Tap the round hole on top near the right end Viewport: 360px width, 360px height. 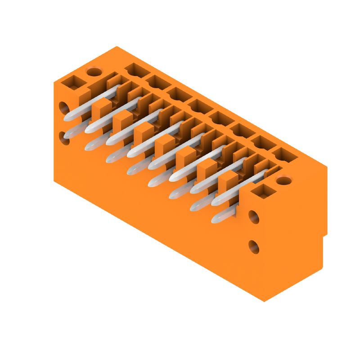(x=283, y=181)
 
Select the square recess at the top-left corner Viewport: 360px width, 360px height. (x=71, y=82)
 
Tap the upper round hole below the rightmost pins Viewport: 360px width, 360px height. (x=254, y=217)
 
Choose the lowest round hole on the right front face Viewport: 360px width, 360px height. (x=254, y=246)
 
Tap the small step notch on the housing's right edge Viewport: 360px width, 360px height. (x=325, y=234)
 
